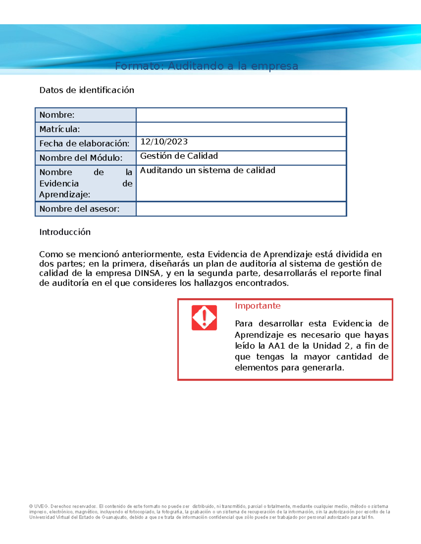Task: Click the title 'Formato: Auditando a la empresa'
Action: [x=207, y=66]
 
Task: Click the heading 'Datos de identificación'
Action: [x=87, y=90]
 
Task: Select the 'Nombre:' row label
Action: [x=57, y=115]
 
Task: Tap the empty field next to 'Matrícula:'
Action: [x=241, y=129]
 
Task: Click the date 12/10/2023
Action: [x=164, y=142]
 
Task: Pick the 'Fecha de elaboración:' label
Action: [x=84, y=144]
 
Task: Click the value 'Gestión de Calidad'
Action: [x=179, y=156]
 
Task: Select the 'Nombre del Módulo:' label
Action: [x=81, y=158]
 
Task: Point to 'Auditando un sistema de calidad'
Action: [x=208, y=170]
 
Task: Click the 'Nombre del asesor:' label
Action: [x=79, y=209]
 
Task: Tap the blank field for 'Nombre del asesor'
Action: [x=241, y=209]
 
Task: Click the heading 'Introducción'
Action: [x=65, y=232]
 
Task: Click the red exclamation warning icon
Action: [x=204, y=317]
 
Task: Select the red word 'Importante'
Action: [x=258, y=306]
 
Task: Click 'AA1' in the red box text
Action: [x=276, y=346]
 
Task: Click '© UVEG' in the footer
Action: [x=39, y=506]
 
